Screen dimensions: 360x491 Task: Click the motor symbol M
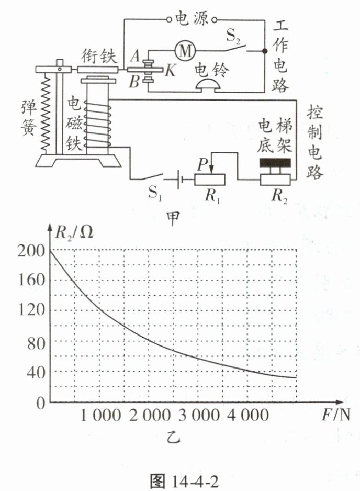183,50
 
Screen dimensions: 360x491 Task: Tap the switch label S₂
234,37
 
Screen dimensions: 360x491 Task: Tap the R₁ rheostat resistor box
209,180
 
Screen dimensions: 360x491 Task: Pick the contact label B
134,82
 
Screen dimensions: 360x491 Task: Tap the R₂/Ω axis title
74,231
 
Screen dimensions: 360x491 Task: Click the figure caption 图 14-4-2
180,479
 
